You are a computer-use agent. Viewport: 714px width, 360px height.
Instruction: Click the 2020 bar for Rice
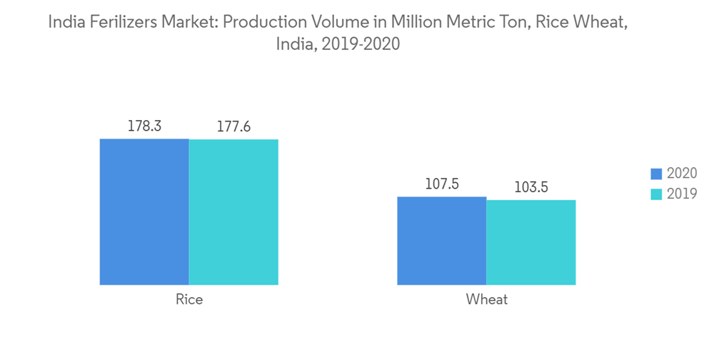144,212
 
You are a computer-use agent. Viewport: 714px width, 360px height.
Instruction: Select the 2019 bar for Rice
233,212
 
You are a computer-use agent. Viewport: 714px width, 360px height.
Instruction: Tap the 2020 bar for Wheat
441,241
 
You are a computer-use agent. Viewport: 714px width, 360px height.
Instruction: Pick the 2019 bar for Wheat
531,242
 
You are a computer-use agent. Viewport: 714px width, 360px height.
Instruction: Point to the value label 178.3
144,126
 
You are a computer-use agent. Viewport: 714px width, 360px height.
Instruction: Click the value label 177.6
233,127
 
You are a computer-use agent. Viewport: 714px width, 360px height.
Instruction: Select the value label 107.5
441,184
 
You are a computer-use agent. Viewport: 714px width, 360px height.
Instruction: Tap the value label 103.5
531,187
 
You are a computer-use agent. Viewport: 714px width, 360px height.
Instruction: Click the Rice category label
189,300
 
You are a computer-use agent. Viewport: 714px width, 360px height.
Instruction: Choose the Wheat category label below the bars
486,300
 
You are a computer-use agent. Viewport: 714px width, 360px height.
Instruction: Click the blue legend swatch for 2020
657,174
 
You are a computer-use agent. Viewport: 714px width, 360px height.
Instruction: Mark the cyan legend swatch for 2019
657,194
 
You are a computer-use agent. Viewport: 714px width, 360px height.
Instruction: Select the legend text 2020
681,174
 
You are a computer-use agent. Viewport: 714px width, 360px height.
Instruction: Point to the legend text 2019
681,194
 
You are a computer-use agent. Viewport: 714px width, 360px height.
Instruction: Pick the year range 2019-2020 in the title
361,44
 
